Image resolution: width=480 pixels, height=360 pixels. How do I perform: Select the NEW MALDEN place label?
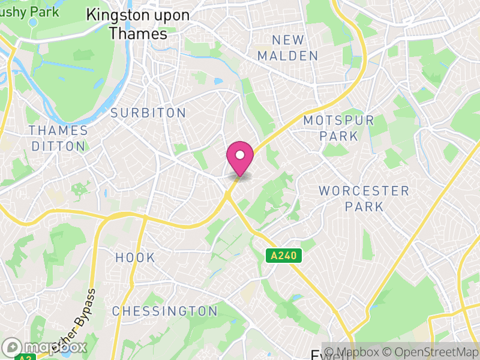pos(295,48)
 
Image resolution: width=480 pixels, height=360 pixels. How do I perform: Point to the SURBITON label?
pos(148,113)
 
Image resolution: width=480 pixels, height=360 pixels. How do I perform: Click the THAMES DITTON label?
pos(58,138)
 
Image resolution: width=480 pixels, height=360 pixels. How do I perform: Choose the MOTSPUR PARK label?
pos(339,128)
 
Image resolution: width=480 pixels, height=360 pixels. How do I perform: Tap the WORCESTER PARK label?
pos(364,199)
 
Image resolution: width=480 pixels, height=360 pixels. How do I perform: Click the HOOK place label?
pos(135,258)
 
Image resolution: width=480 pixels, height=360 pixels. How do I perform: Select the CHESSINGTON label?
pos(165,311)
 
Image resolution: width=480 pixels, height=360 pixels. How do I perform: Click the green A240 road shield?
pos(284,256)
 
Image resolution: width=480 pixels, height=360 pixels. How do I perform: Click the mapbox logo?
pos(46,347)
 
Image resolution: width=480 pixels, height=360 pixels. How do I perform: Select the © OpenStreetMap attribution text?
pos(432,352)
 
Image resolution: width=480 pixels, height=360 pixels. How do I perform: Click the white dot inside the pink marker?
pos(240,155)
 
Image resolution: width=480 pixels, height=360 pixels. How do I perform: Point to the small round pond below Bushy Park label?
pos(33,22)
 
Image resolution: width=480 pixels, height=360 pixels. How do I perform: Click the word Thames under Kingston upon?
pos(138,34)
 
